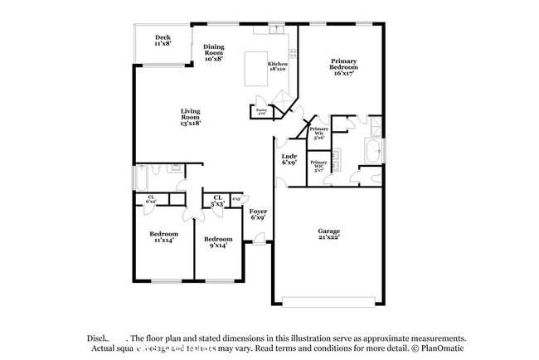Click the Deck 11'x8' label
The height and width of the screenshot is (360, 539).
(163, 40)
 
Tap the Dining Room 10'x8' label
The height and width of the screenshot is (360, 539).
(213, 53)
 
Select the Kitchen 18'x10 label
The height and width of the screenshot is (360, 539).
(277, 66)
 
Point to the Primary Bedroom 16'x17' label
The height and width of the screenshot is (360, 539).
(343, 66)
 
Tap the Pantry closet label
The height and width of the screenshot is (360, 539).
(260, 111)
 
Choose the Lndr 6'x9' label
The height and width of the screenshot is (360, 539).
(289, 159)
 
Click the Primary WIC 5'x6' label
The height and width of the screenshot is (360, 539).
(318, 134)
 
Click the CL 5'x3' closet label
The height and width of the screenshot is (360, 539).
(217, 200)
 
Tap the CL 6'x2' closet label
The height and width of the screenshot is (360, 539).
(151, 199)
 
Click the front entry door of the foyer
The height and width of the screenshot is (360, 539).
(260, 241)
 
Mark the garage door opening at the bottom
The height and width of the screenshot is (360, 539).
(331, 299)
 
